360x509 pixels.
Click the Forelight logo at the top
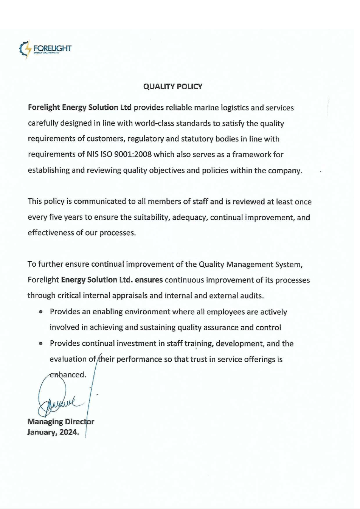[x=45, y=49]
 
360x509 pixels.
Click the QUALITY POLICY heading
[x=172, y=87]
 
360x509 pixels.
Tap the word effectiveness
[x=51, y=233]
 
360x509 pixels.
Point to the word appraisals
[x=127, y=296]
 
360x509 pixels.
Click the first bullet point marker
[x=41, y=312]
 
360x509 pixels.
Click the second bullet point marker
[x=41, y=344]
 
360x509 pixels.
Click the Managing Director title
[x=61, y=422]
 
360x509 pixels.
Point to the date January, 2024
[x=53, y=432]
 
